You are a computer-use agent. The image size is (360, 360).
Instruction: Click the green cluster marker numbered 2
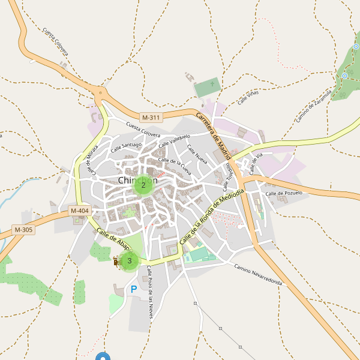(143, 185)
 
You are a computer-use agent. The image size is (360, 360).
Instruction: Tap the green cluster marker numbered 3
(129, 261)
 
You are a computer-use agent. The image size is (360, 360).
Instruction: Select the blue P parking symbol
(134, 290)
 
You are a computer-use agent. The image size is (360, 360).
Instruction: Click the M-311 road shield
(151, 118)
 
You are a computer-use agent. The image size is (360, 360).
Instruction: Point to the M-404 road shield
(79, 211)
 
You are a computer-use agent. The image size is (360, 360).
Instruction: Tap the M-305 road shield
(23, 230)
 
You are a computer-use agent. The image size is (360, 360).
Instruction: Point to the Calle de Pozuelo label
(284, 193)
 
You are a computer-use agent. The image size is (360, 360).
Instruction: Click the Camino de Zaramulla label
(314, 106)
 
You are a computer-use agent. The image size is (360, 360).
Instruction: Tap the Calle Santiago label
(126, 146)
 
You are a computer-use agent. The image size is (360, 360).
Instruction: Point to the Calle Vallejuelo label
(174, 142)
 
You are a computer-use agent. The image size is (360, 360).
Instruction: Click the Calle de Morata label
(92, 161)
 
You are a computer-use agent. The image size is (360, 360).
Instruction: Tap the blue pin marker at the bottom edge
(103, 357)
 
